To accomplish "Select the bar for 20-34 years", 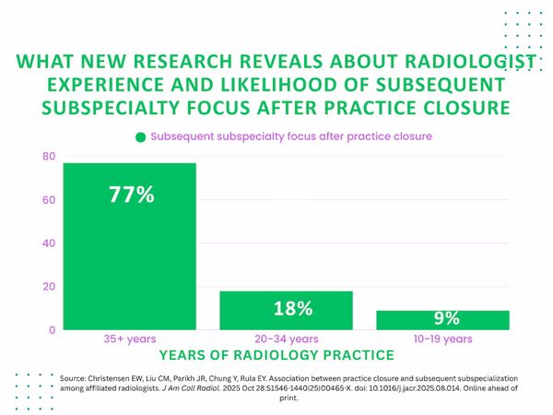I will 287,310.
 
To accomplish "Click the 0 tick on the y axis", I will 52,329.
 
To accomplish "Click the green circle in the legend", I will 140,136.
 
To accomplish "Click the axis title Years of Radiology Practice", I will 276,354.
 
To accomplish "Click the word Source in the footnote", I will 75,378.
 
